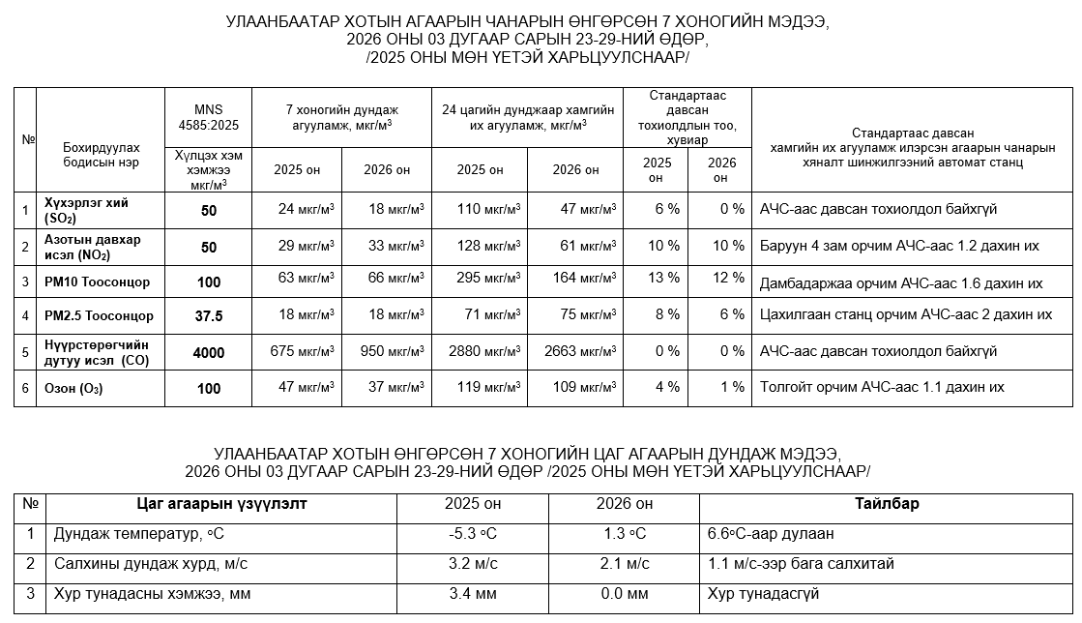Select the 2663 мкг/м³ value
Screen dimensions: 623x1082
click(x=580, y=351)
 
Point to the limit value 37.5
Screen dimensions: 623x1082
click(x=209, y=316)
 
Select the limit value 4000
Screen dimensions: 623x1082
click(x=209, y=353)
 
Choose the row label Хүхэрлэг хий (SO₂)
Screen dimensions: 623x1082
click(x=86, y=209)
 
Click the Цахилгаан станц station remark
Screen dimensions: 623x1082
click(x=905, y=314)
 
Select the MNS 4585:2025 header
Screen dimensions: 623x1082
click(x=209, y=117)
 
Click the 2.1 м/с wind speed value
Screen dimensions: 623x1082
click(x=624, y=563)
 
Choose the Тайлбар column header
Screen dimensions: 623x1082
click(x=886, y=504)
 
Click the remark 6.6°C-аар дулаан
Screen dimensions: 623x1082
click(x=771, y=534)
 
